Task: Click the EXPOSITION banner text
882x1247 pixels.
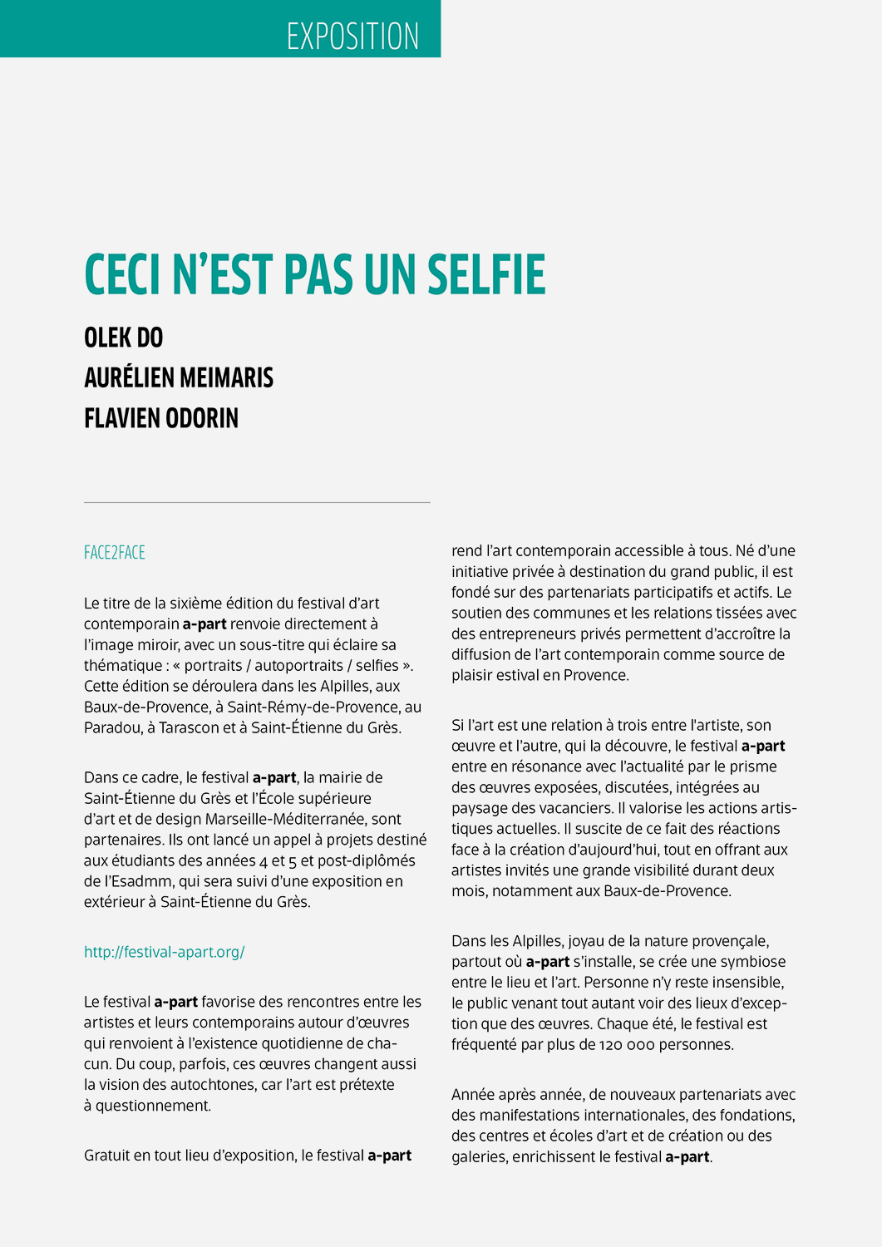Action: tap(352, 37)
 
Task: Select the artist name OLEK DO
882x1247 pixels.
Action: tap(124, 338)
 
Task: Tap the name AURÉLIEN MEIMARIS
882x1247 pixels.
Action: tap(179, 377)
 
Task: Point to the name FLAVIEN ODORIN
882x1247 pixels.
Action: tap(161, 417)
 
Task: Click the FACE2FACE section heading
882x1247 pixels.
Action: tap(115, 553)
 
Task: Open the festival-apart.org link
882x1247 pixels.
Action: tap(165, 952)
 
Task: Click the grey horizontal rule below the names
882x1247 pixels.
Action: tap(257, 502)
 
